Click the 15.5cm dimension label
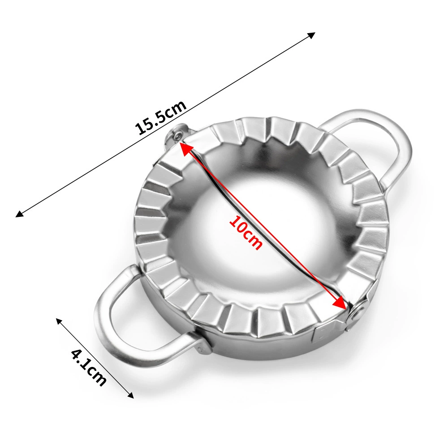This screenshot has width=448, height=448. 161,117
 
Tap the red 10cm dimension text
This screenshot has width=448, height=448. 246,233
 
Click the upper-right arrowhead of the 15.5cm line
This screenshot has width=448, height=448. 312,35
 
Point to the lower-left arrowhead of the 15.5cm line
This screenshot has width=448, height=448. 19,213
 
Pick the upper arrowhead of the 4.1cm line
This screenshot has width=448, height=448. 59,321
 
